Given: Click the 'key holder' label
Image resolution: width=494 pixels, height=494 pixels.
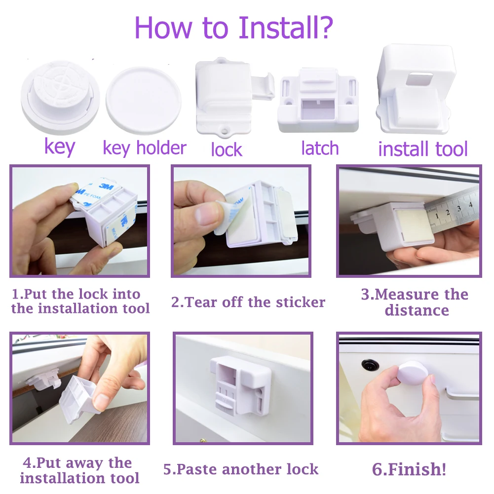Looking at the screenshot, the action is (145, 148).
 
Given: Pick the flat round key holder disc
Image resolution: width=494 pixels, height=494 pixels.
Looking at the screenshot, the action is (143, 101).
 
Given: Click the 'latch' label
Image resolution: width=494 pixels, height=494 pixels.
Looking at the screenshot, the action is (320, 148).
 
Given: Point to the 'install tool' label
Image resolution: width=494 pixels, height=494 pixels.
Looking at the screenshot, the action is (423, 149).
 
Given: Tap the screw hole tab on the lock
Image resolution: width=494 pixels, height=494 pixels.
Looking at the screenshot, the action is (225, 131).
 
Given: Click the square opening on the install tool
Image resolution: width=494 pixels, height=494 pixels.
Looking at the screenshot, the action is (419, 79).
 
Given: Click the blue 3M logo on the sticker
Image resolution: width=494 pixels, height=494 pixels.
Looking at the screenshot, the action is (106, 186).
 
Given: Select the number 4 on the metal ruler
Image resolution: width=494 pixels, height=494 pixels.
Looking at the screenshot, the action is (470, 204).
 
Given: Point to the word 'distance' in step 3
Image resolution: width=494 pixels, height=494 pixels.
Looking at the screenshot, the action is (417, 310).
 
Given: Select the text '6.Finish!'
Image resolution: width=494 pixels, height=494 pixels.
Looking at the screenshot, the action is (409, 469).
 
